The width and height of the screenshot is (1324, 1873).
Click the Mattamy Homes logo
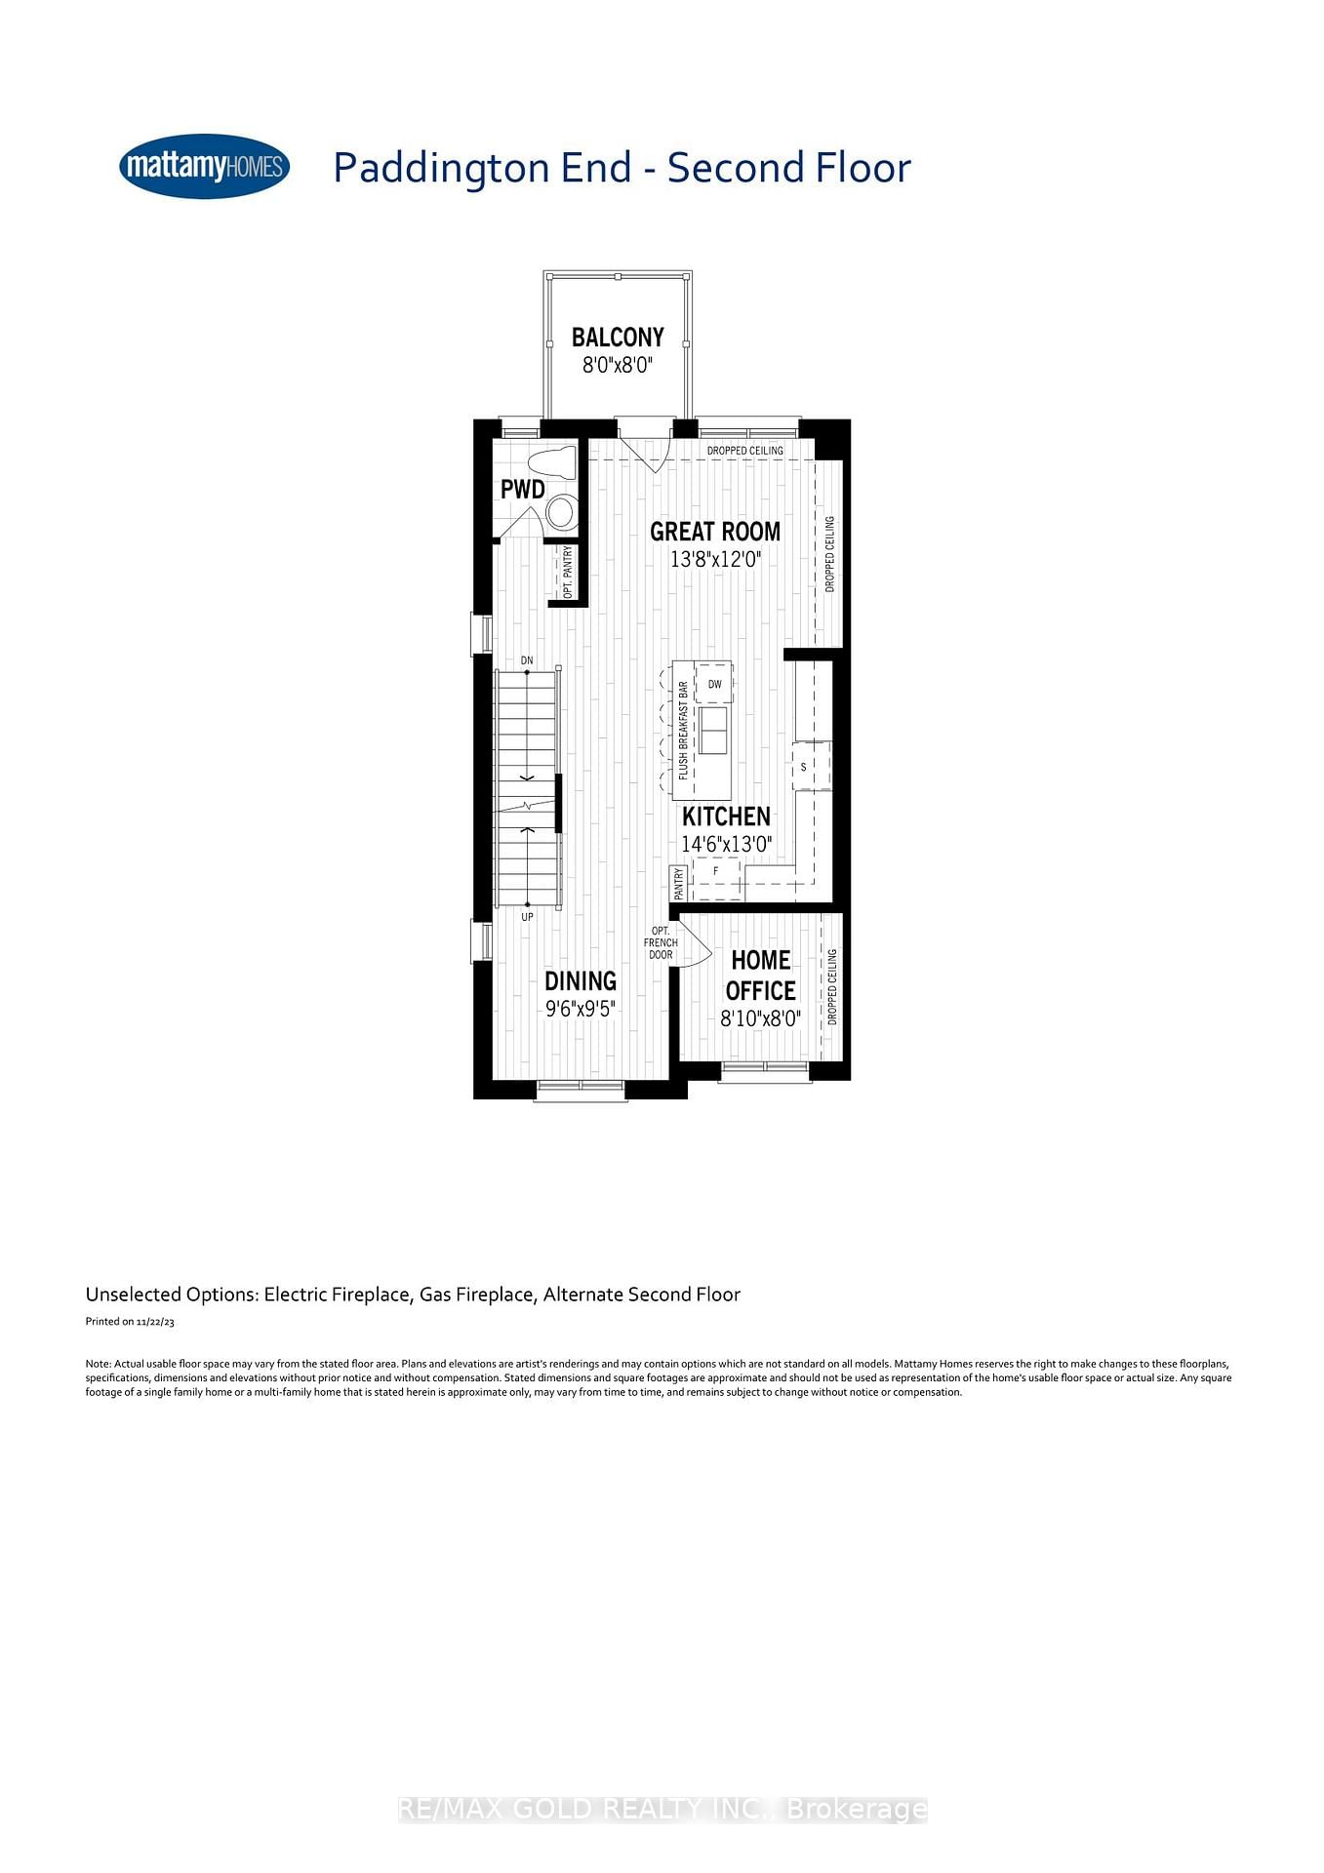click(x=204, y=167)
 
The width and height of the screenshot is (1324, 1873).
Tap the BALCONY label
click(x=618, y=338)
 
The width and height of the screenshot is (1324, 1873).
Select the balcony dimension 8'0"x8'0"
click(x=617, y=366)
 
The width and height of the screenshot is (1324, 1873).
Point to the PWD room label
click(x=523, y=490)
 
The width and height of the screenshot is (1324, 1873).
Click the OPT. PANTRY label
click(x=568, y=572)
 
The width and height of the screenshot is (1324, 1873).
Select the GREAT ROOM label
click(x=715, y=532)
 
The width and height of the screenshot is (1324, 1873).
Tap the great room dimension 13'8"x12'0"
click(x=715, y=560)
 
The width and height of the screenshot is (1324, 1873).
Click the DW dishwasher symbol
click(x=714, y=684)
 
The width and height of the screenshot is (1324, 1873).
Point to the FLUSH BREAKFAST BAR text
click(x=683, y=730)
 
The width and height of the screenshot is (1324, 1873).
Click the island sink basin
click(x=713, y=730)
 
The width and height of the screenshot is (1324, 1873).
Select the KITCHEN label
click(x=726, y=817)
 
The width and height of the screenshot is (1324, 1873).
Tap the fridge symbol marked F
click(x=715, y=871)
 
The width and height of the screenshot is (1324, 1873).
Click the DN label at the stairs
click(x=527, y=660)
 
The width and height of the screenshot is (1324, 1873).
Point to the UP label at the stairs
click(x=527, y=917)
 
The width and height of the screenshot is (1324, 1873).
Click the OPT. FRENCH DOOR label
click(x=661, y=942)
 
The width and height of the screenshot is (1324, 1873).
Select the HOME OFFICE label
click(x=760, y=975)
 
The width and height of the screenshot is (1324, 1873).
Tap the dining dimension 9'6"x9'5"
click(x=581, y=1009)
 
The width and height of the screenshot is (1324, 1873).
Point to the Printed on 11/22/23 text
click(x=130, y=1322)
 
